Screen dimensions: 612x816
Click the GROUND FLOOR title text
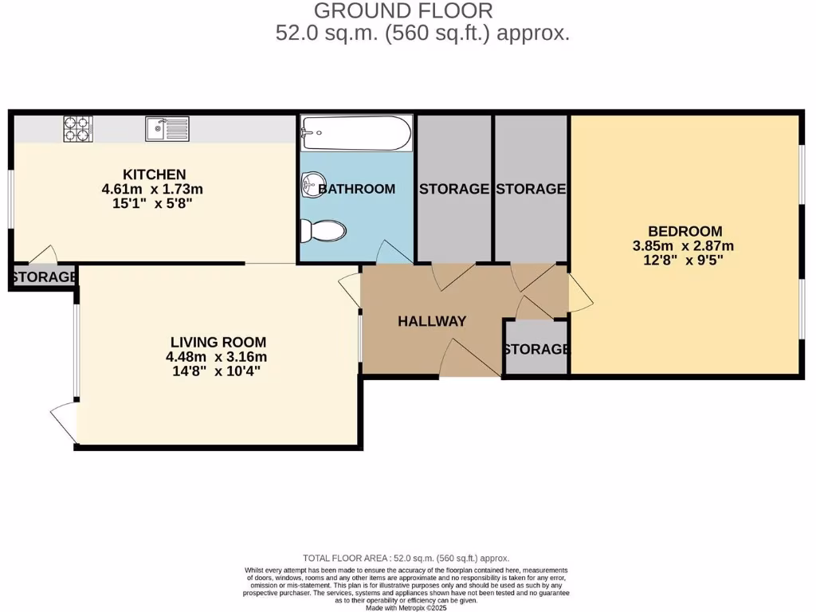pyautogui.click(x=403, y=11)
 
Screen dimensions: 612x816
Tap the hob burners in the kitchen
pyautogui.click(x=78, y=128)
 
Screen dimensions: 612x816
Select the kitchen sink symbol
pyautogui.click(x=167, y=128)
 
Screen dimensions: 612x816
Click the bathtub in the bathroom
pyautogui.click(x=356, y=133)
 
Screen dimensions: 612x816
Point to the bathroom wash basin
pyautogui.click(x=311, y=186)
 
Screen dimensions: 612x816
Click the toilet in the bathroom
pyautogui.click(x=323, y=231)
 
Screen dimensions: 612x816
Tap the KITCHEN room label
pyautogui.click(x=154, y=175)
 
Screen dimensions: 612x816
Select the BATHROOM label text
pyautogui.click(x=357, y=189)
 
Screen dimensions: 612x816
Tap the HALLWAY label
pyautogui.click(x=431, y=321)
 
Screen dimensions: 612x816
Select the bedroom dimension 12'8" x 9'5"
pyautogui.click(x=685, y=260)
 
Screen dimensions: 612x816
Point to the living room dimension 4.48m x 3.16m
pyautogui.click(x=212, y=356)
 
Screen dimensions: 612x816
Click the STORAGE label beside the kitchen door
pyautogui.click(x=44, y=277)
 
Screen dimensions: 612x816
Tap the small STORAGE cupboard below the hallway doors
pyautogui.click(x=536, y=349)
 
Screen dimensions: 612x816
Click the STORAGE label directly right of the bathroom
pyautogui.click(x=453, y=189)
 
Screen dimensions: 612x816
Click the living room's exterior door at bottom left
pyautogui.click(x=64, y=421)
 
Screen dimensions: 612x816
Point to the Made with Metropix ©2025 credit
pyautogui.click(x=406, y=607)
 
